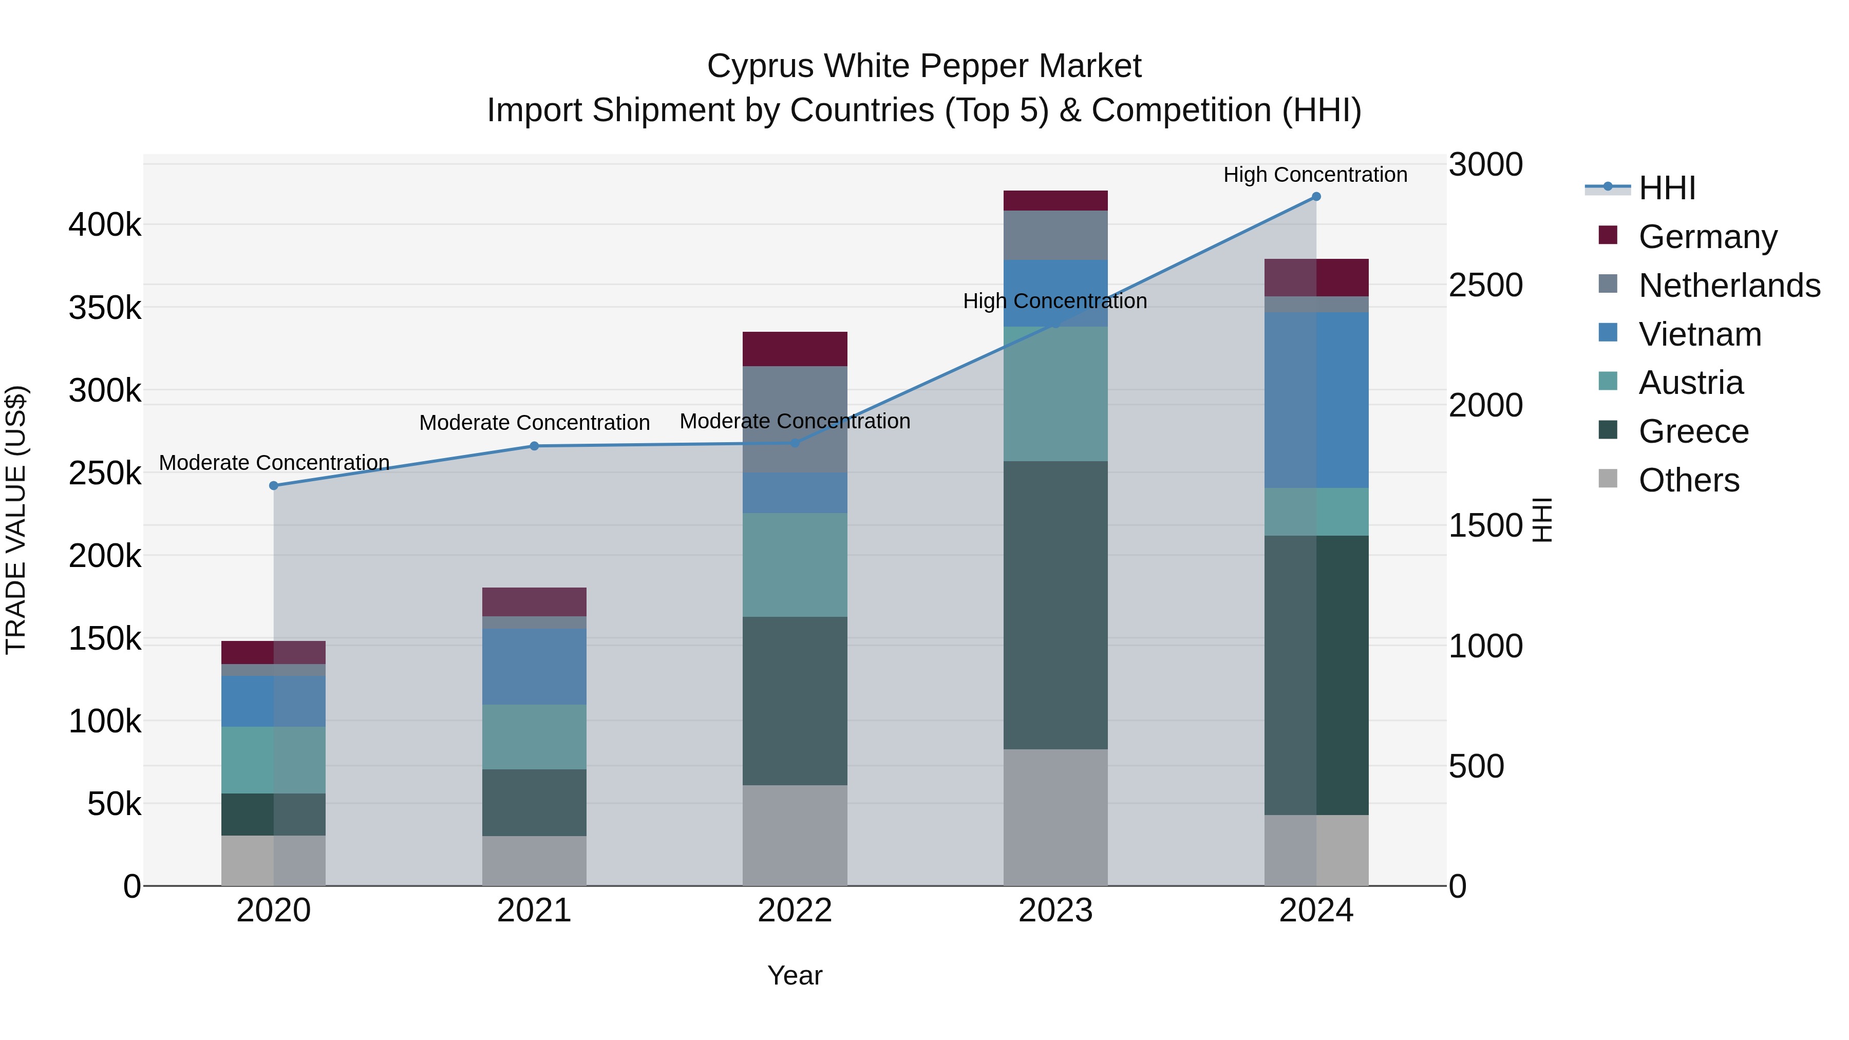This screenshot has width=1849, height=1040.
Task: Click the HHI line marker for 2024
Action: click(1316, 197)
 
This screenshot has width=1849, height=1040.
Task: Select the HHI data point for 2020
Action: click(273, 486)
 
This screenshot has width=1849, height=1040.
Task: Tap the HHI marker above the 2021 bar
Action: click(534, 446)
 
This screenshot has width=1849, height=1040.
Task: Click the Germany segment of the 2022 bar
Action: click(795, 350)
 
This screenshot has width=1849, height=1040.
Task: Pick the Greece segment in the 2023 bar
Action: click(1055, 605)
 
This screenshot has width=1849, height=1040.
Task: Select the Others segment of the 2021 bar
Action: click(534, 861)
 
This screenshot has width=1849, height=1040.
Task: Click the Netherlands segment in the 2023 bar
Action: click(1055, 235)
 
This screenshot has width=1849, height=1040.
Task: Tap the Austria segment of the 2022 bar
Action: click(795, 565)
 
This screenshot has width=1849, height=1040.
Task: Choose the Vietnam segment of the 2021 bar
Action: click(534, 667)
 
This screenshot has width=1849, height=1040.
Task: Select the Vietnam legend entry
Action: click(1699, 334)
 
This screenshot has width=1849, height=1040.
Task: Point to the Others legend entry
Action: click(1688, 480)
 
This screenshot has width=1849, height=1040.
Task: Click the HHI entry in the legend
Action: click(1667, 188)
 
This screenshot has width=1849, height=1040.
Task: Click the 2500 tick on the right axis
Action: click(1485, 285)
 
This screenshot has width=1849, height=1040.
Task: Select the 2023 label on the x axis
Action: click(1055, 911)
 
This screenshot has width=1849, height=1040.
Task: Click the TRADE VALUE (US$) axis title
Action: click(16, 520)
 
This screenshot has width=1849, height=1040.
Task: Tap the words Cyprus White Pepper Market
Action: click(924, 66)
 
